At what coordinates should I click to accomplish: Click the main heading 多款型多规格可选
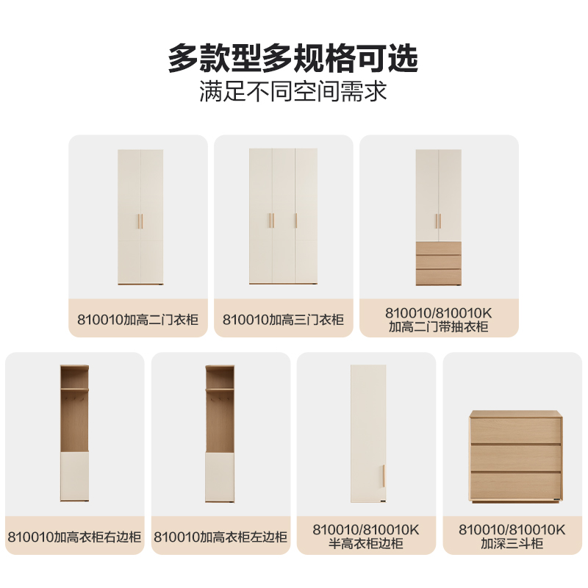click(293, 58)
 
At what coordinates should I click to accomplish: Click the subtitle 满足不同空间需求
click(293, 91)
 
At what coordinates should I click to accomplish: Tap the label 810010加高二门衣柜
click(137, 320)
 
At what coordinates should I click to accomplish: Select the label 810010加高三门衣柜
click(283, 320)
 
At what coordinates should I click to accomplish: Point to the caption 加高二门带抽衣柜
click(438, 327)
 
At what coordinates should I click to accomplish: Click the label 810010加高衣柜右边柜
click(74, 537)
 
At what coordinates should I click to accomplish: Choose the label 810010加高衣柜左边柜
click(220, 537)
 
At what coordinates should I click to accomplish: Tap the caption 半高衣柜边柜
click(366, 544)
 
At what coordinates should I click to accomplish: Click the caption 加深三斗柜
click(512, 544)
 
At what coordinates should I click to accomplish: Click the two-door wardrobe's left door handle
click(138, 221)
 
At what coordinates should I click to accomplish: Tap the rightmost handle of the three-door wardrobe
click(296, 220)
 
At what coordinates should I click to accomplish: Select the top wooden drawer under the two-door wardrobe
click(438, 248)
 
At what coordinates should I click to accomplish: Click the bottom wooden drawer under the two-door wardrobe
click(438, 277)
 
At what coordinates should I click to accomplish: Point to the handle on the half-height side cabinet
click(384, 476)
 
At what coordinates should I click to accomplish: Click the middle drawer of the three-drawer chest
click(516, 458)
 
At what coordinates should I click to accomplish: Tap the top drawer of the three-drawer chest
click(516, 431)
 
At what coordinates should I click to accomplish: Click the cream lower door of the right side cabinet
click(75, 476)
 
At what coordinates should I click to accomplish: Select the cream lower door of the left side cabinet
click(220, 476)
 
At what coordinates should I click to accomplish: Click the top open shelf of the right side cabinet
click(75, 378)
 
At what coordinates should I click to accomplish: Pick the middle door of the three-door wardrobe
click(284, 216)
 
